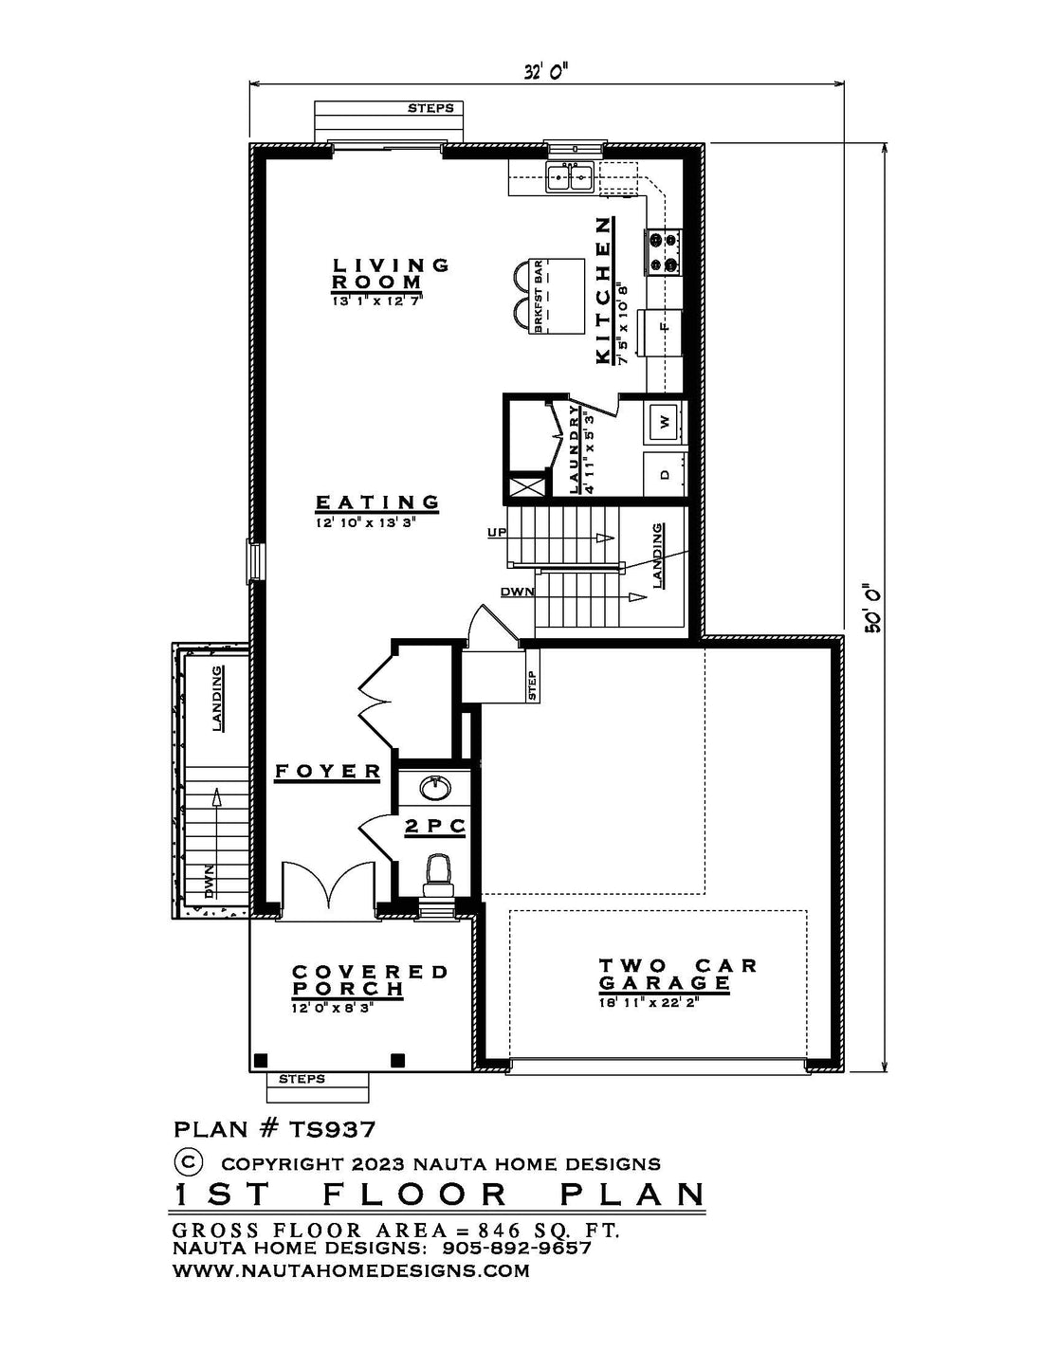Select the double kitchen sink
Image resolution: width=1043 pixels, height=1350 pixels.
click(x=569, y=177)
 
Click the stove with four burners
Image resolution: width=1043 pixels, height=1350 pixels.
click(x=664, y=251)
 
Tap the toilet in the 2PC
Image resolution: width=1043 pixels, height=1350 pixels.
click(x=439, y=874)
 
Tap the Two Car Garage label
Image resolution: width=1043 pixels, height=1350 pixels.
click(x=677, y=975)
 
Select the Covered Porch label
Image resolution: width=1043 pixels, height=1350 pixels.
click(x=368, y=980)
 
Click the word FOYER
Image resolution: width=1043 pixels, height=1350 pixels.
click(x=327, y=771)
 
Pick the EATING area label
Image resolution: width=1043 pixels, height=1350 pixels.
click(x=377, y=502)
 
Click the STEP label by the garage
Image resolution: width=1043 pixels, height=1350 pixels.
click(x=532, y=684)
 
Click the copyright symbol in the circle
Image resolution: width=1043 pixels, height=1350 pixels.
click(x=188, y=1160)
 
